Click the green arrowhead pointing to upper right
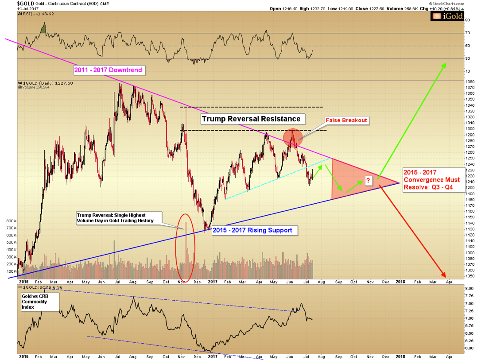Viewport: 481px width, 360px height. pos(443,65)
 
